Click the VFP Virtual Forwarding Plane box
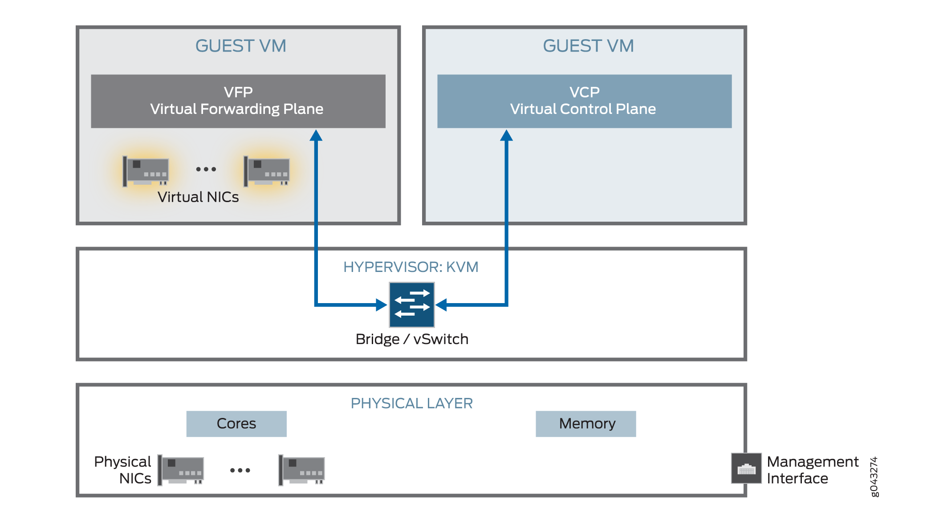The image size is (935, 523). tap(238, 101)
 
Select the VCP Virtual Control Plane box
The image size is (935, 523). tap(584, 101)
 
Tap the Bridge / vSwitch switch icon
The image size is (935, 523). tap(412, 305)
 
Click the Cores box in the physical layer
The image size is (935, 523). tap(236, 424)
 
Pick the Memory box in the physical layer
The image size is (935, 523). tap(585, 424)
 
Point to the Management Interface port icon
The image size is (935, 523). tap(746, 468)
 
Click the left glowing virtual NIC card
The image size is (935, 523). tap(146, 171)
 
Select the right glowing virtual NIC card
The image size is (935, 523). tap(267, 171)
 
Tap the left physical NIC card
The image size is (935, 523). tap(181, 470)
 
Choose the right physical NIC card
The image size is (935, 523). tap(302, 470)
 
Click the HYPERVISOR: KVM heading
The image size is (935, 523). tap(411, 267)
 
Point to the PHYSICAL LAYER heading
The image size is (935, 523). tap(411, 403)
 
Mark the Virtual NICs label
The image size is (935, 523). tap(198, 197)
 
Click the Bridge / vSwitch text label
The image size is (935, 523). tap(412, 339)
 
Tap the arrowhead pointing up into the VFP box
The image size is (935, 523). tap(316, 135)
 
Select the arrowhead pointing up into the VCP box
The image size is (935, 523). tap(506, 135)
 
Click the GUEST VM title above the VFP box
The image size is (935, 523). tap(240, 46)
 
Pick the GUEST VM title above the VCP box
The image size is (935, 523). tap(588, 46)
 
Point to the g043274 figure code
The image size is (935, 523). tap(874, 476)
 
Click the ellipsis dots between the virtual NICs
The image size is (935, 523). tap(206, 169)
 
